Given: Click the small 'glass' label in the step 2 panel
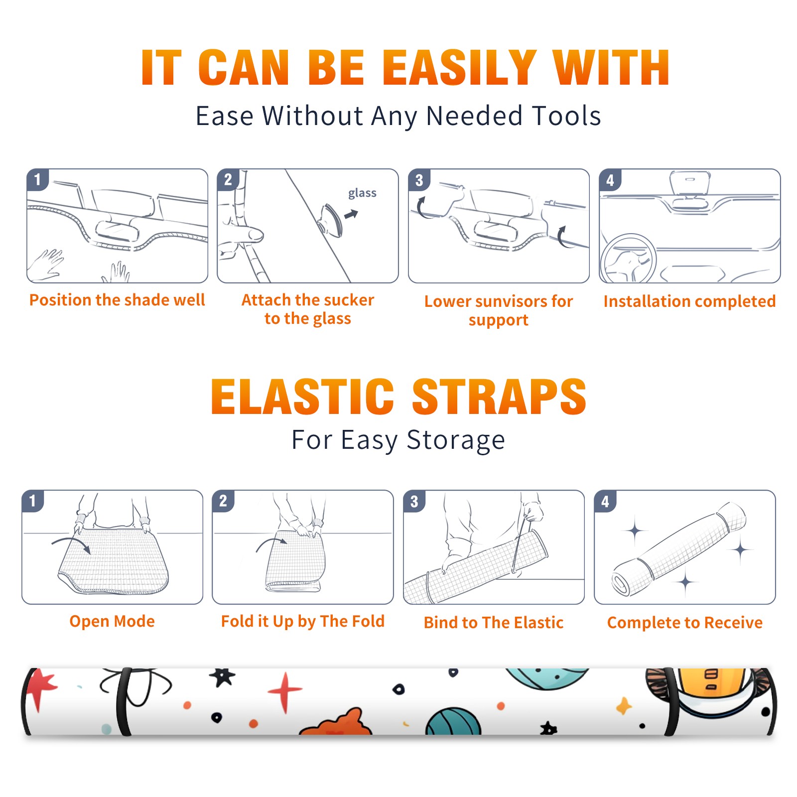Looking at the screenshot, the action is tap(362, 193).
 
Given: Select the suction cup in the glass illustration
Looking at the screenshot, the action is tap(330, 220).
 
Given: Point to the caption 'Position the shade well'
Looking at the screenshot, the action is tap(117, 300).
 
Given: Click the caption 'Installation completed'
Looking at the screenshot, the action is tap(689, 301).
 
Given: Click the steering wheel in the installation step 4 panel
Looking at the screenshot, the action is tap(628, 259).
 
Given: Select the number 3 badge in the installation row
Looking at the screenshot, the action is tap(419, 180).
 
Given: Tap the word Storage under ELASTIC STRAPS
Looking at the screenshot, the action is tap(456, 440).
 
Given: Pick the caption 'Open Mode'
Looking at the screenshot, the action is tap(112, 621).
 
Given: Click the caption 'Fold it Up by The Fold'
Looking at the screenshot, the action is tap(303, 621).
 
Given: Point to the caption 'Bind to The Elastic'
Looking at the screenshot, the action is tap(494, 623).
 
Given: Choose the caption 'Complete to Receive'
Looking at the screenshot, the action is tap(685, 623).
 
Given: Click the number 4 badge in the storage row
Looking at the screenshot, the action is tap(605, 501).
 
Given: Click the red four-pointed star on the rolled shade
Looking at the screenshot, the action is tap(285, 691).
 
